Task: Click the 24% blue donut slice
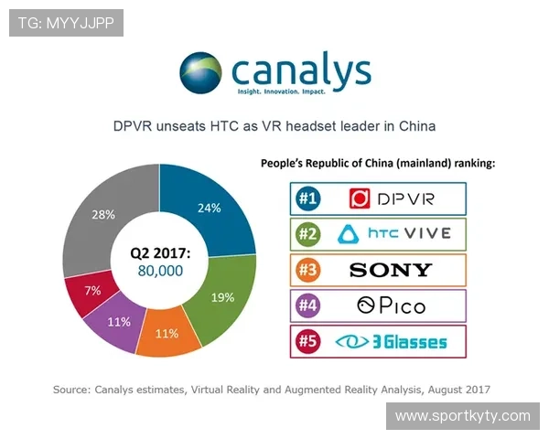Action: point(210,209)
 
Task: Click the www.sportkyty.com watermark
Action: point(462,416)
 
